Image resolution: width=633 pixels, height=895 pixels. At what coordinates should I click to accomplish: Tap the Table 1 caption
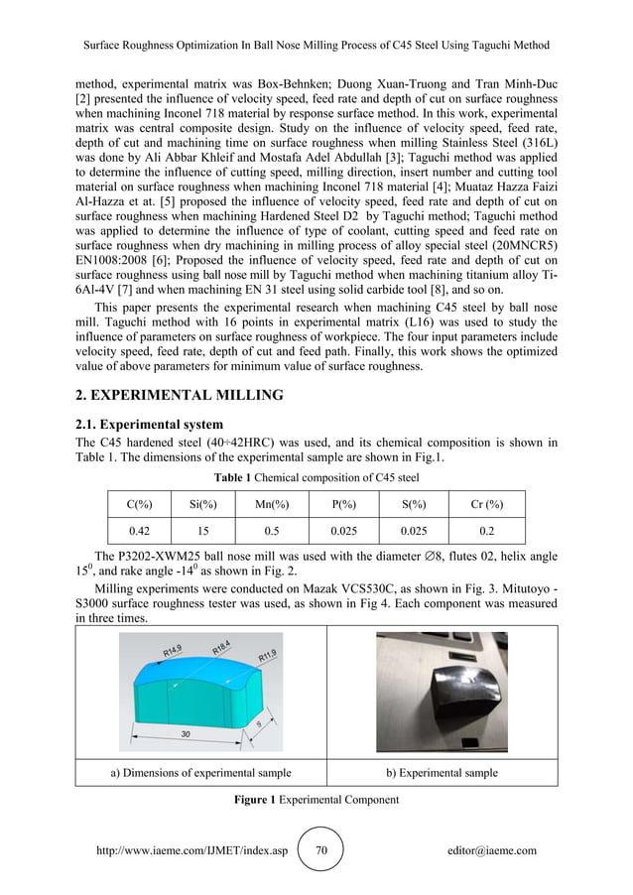pyautogui.click(x=316, y=477)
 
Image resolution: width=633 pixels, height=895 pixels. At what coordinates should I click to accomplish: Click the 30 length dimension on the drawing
pyautogui.click(x=186, y=733)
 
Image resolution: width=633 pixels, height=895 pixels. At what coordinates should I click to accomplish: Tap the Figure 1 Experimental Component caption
pyautogui.click(x=316, y=799)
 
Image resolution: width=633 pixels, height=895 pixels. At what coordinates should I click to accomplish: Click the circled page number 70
pyautogui.click(x=320, y=850)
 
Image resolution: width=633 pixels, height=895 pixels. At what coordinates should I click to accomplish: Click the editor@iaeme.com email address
pyautogui.click(x=492, y=850)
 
